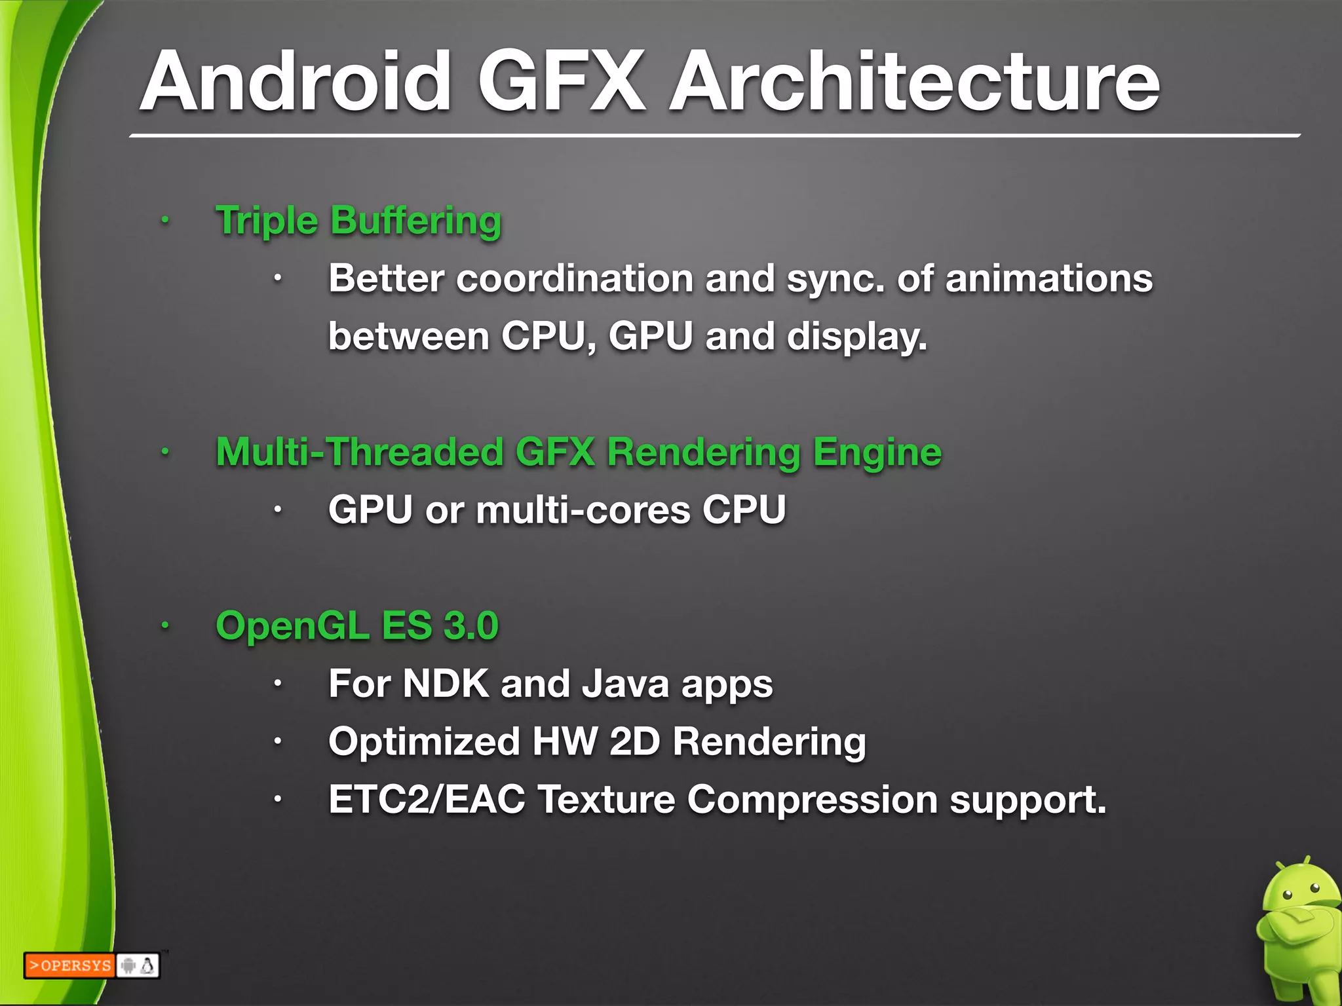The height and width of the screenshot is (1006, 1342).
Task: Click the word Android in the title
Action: click(x=296, y=82)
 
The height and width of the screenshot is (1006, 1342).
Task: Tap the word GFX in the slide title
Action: click(x=562, y=82)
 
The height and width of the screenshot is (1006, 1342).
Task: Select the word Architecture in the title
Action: click(x=913, y=82)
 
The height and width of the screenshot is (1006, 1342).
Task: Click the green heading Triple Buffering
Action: click(x=358, y=221)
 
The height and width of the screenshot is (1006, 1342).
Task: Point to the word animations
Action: click(x=1048, y=278)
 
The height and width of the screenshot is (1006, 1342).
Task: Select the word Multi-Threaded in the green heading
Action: click(x=360, y=452)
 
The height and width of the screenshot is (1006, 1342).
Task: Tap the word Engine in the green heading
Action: click(x=877, y=453)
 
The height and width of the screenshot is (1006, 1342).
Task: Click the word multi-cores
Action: click(x=583, y=510)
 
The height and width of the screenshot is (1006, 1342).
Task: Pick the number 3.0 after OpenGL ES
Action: click(x=470, y=625)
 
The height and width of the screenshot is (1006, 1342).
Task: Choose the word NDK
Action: click(x=446, y=684)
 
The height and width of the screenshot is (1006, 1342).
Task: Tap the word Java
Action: click(x=625, y=684)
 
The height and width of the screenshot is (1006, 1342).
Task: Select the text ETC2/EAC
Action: click(x=427, y=800)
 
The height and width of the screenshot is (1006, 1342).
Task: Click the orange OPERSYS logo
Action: click(x=70, y=965)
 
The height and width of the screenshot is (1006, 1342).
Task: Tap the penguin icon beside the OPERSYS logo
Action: click(x=148, y=965)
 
